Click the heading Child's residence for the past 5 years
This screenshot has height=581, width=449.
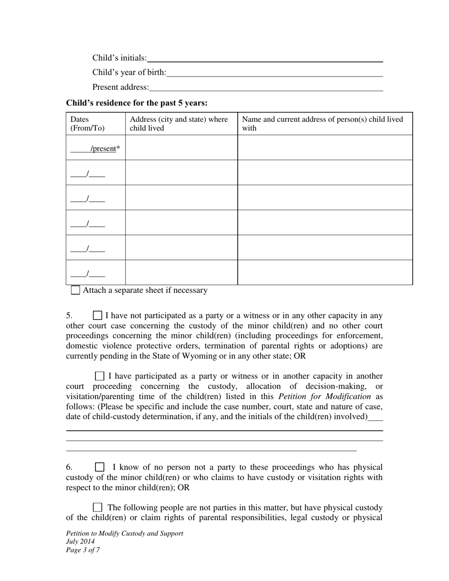(x=137, y=103)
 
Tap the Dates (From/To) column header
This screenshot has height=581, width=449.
(x=87, y=124)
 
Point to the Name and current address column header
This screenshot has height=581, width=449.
(x=322, y=124)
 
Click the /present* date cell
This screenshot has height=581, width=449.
(x=95, y=148)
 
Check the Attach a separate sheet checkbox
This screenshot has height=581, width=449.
(x=76, y=290)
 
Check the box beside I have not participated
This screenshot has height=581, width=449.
(x=97, y=316)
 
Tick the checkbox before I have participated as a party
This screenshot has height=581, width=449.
(x=100, y=376)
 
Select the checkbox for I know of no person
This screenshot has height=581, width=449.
(x=100, y=467)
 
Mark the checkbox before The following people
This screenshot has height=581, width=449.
(x=97, y=508)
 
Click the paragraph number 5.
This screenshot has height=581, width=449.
(x=69, y=316)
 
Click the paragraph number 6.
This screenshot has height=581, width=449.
(x=69, y=467)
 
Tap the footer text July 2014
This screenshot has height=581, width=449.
(x=80, y=542)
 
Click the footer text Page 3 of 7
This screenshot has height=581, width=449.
(x=83, y=550)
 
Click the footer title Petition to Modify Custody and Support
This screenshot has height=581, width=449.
(x=125, y=533)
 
